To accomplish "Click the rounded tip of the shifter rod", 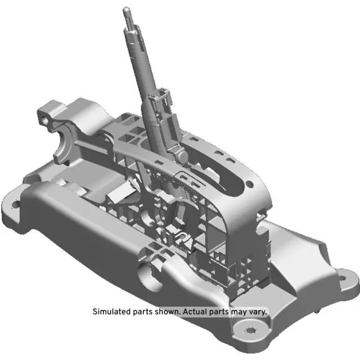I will tap(127, 10).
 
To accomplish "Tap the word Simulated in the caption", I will tap(111, 311).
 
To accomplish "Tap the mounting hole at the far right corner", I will tap(339, 276).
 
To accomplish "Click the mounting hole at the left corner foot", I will tap(15, 203).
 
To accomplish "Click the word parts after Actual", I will tap(223, 311).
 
